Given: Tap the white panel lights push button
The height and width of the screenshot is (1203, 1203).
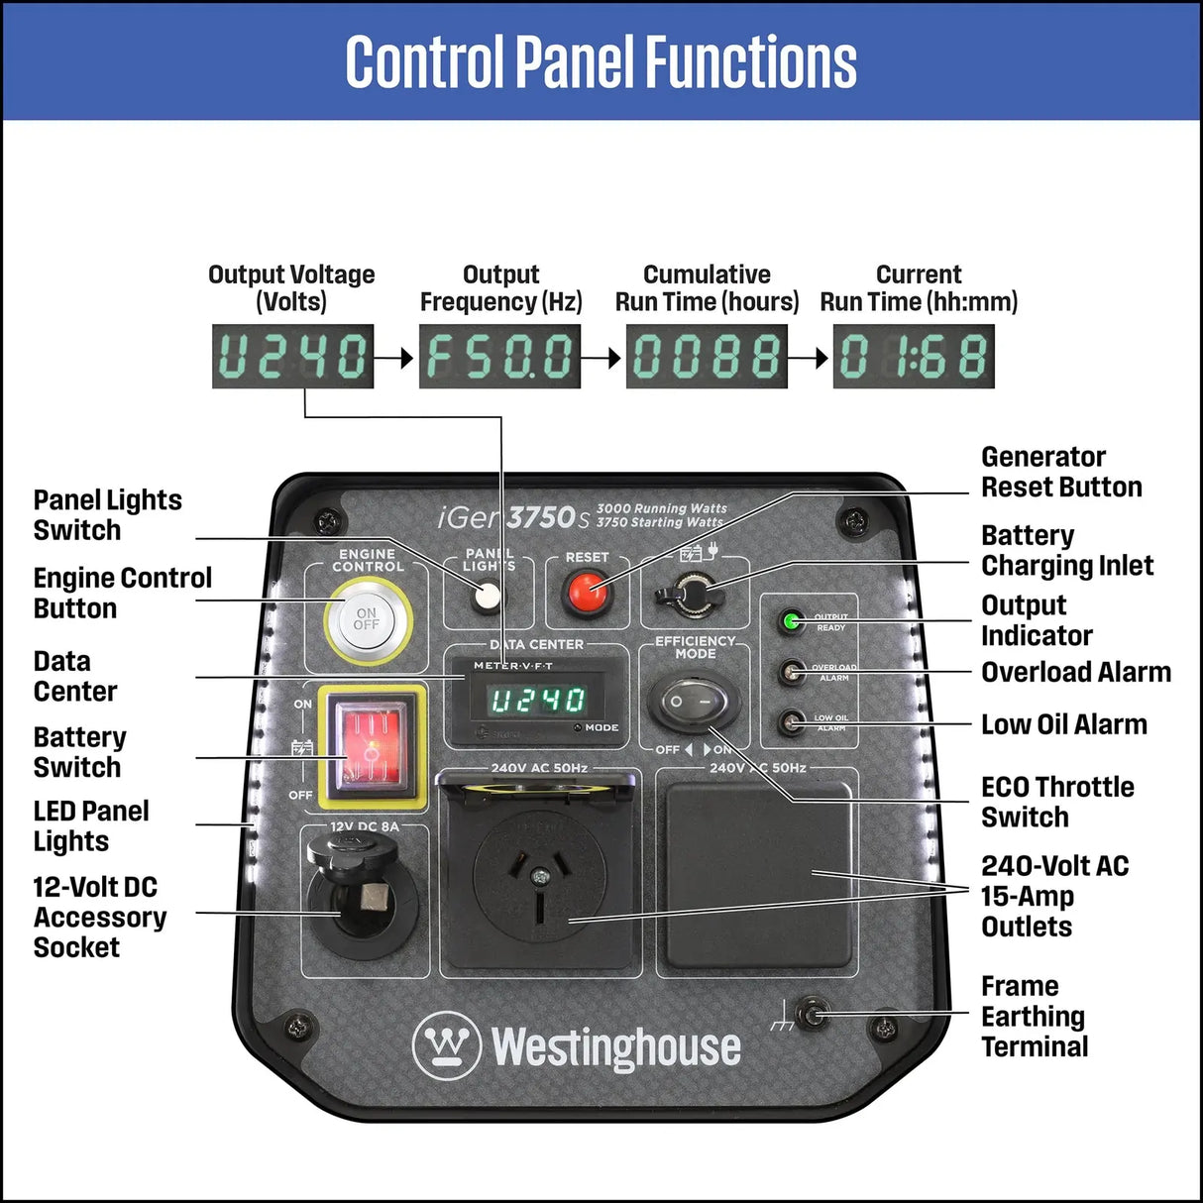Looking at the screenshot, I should [487, 596].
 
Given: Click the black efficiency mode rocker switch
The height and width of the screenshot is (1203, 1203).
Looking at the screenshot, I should [693, 703].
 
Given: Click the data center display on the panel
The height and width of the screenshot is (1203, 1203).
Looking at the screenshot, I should [538, 701].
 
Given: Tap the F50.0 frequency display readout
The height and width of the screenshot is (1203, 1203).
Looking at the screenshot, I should [499, 357].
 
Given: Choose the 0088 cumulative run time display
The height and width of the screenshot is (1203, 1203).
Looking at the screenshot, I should [707, 357].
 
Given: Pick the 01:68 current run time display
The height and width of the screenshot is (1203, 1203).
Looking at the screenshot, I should [914, 357].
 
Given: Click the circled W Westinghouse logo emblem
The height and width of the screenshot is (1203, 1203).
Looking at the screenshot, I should [447, 1045].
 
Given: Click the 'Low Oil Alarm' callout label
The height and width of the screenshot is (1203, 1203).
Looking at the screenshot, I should [1063, 725].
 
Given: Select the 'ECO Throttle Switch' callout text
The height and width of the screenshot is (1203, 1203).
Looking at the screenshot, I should [1056, 802].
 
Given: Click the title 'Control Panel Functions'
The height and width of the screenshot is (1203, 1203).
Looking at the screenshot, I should [601, 61].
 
